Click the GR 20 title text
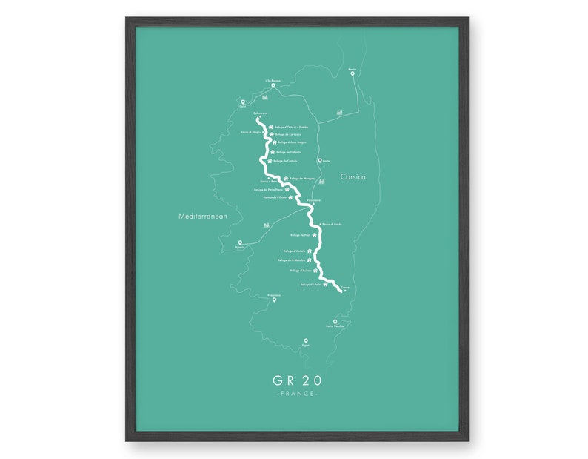point(297,380)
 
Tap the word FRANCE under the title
point(297,394)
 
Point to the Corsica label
point(353,177)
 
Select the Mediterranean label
point(201,217)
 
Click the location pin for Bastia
point(353,73)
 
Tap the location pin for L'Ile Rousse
point(273,85)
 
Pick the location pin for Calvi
point(242,102)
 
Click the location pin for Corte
point(319,160)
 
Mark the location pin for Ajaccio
point(239,242)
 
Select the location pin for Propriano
point(274,300)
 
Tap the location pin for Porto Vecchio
point(335,321)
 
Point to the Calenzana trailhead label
point(260,113)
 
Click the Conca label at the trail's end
point(344,284)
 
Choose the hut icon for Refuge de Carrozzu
point(270,134)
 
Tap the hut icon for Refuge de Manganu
point(285,178)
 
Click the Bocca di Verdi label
point(332,224)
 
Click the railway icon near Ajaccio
point(266,225)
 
